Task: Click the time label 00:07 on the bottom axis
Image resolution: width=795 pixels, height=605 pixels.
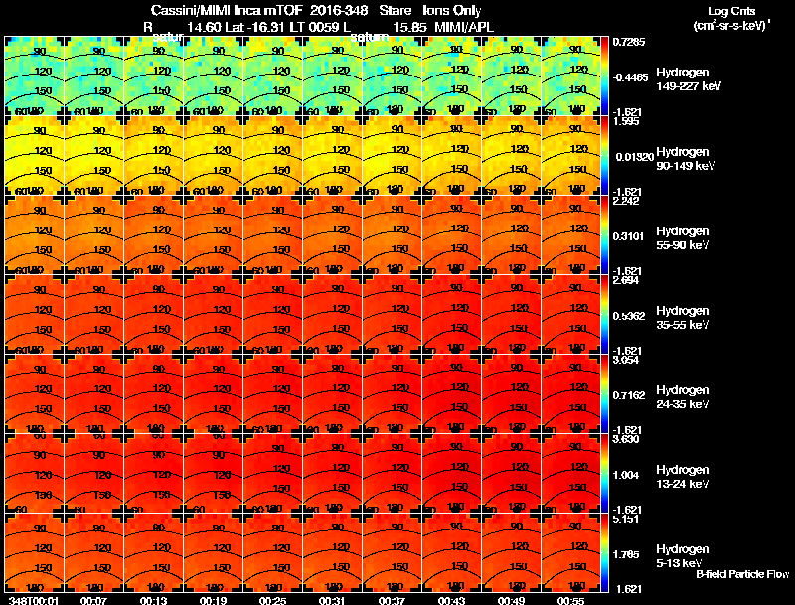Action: point(95,600)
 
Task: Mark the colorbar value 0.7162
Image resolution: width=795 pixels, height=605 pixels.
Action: point(628,395)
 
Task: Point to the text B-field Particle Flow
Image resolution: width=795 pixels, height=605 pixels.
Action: point(741,574)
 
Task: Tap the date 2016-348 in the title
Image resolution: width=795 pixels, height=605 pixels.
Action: point(334,11)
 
